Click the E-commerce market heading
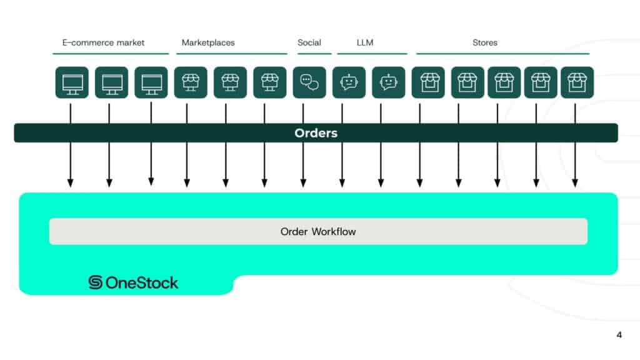(x=103, y=42)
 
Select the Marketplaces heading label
(x=208, y=42)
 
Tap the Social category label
(x=309, y=42)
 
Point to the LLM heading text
(x=364, y=42)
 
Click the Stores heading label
(x=485, y=42)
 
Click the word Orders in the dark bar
(x=316, y=133)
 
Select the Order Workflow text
(x=318, y=231)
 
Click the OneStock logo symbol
(x=96, y=282)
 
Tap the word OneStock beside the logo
(x=142, y=282)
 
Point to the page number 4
(x=619, y=334)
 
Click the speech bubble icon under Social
(x=309, y=82)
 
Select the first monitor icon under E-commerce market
(x=72, y=82)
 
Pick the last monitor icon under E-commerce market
(x=151, y=82)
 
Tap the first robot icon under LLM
(x=349, y=82)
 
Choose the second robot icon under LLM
(x=388, y=82)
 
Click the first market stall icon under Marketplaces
(x=191, y=82)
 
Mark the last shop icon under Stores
(x=577, y=82)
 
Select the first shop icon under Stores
(x=428, y=82)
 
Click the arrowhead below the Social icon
(x=303, y=183)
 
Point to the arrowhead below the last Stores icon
(x=575, y=183)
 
